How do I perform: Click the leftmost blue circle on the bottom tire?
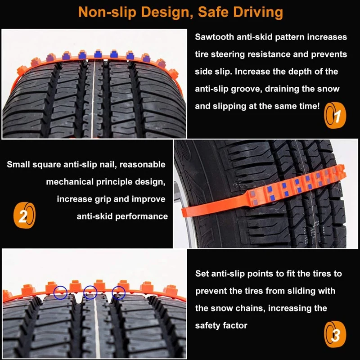tap(60, 293)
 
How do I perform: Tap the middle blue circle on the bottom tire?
tap(90, 292)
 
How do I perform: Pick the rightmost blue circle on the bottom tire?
tap(119, 292)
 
